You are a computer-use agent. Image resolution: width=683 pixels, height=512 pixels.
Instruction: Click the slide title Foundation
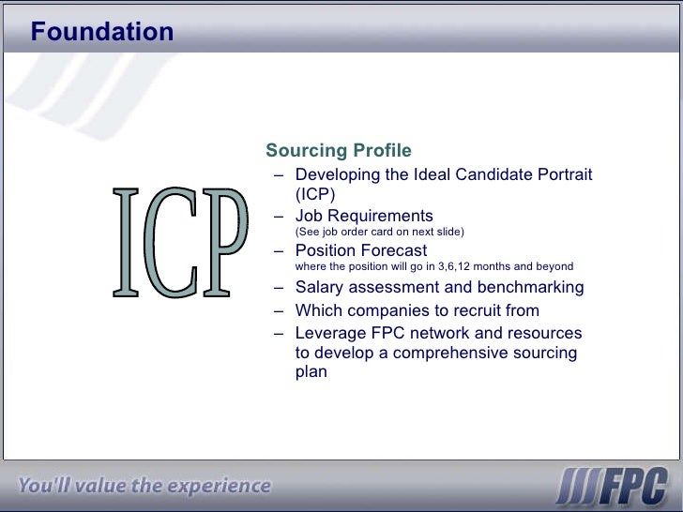point(101,32)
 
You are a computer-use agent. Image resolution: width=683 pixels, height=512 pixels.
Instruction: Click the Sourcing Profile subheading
point(338,151)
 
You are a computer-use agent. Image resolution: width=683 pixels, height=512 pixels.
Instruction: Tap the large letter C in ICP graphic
point(175,242)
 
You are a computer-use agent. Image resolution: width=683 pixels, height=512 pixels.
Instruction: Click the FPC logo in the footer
point(611,487)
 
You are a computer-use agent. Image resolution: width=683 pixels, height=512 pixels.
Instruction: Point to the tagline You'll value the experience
point(144,486)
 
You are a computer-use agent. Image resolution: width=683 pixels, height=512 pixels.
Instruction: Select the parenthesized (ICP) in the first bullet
point(314,194)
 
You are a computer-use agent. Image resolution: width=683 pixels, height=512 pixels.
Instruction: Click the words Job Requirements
point(364,216)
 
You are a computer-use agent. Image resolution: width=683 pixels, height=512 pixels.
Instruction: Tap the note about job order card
point(379,232)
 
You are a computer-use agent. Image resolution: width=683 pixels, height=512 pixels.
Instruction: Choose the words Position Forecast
point(360,250)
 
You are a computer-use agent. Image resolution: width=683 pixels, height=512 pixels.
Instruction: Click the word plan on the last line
point(311,371)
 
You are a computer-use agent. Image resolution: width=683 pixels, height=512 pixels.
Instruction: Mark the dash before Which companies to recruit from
point(279,310)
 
